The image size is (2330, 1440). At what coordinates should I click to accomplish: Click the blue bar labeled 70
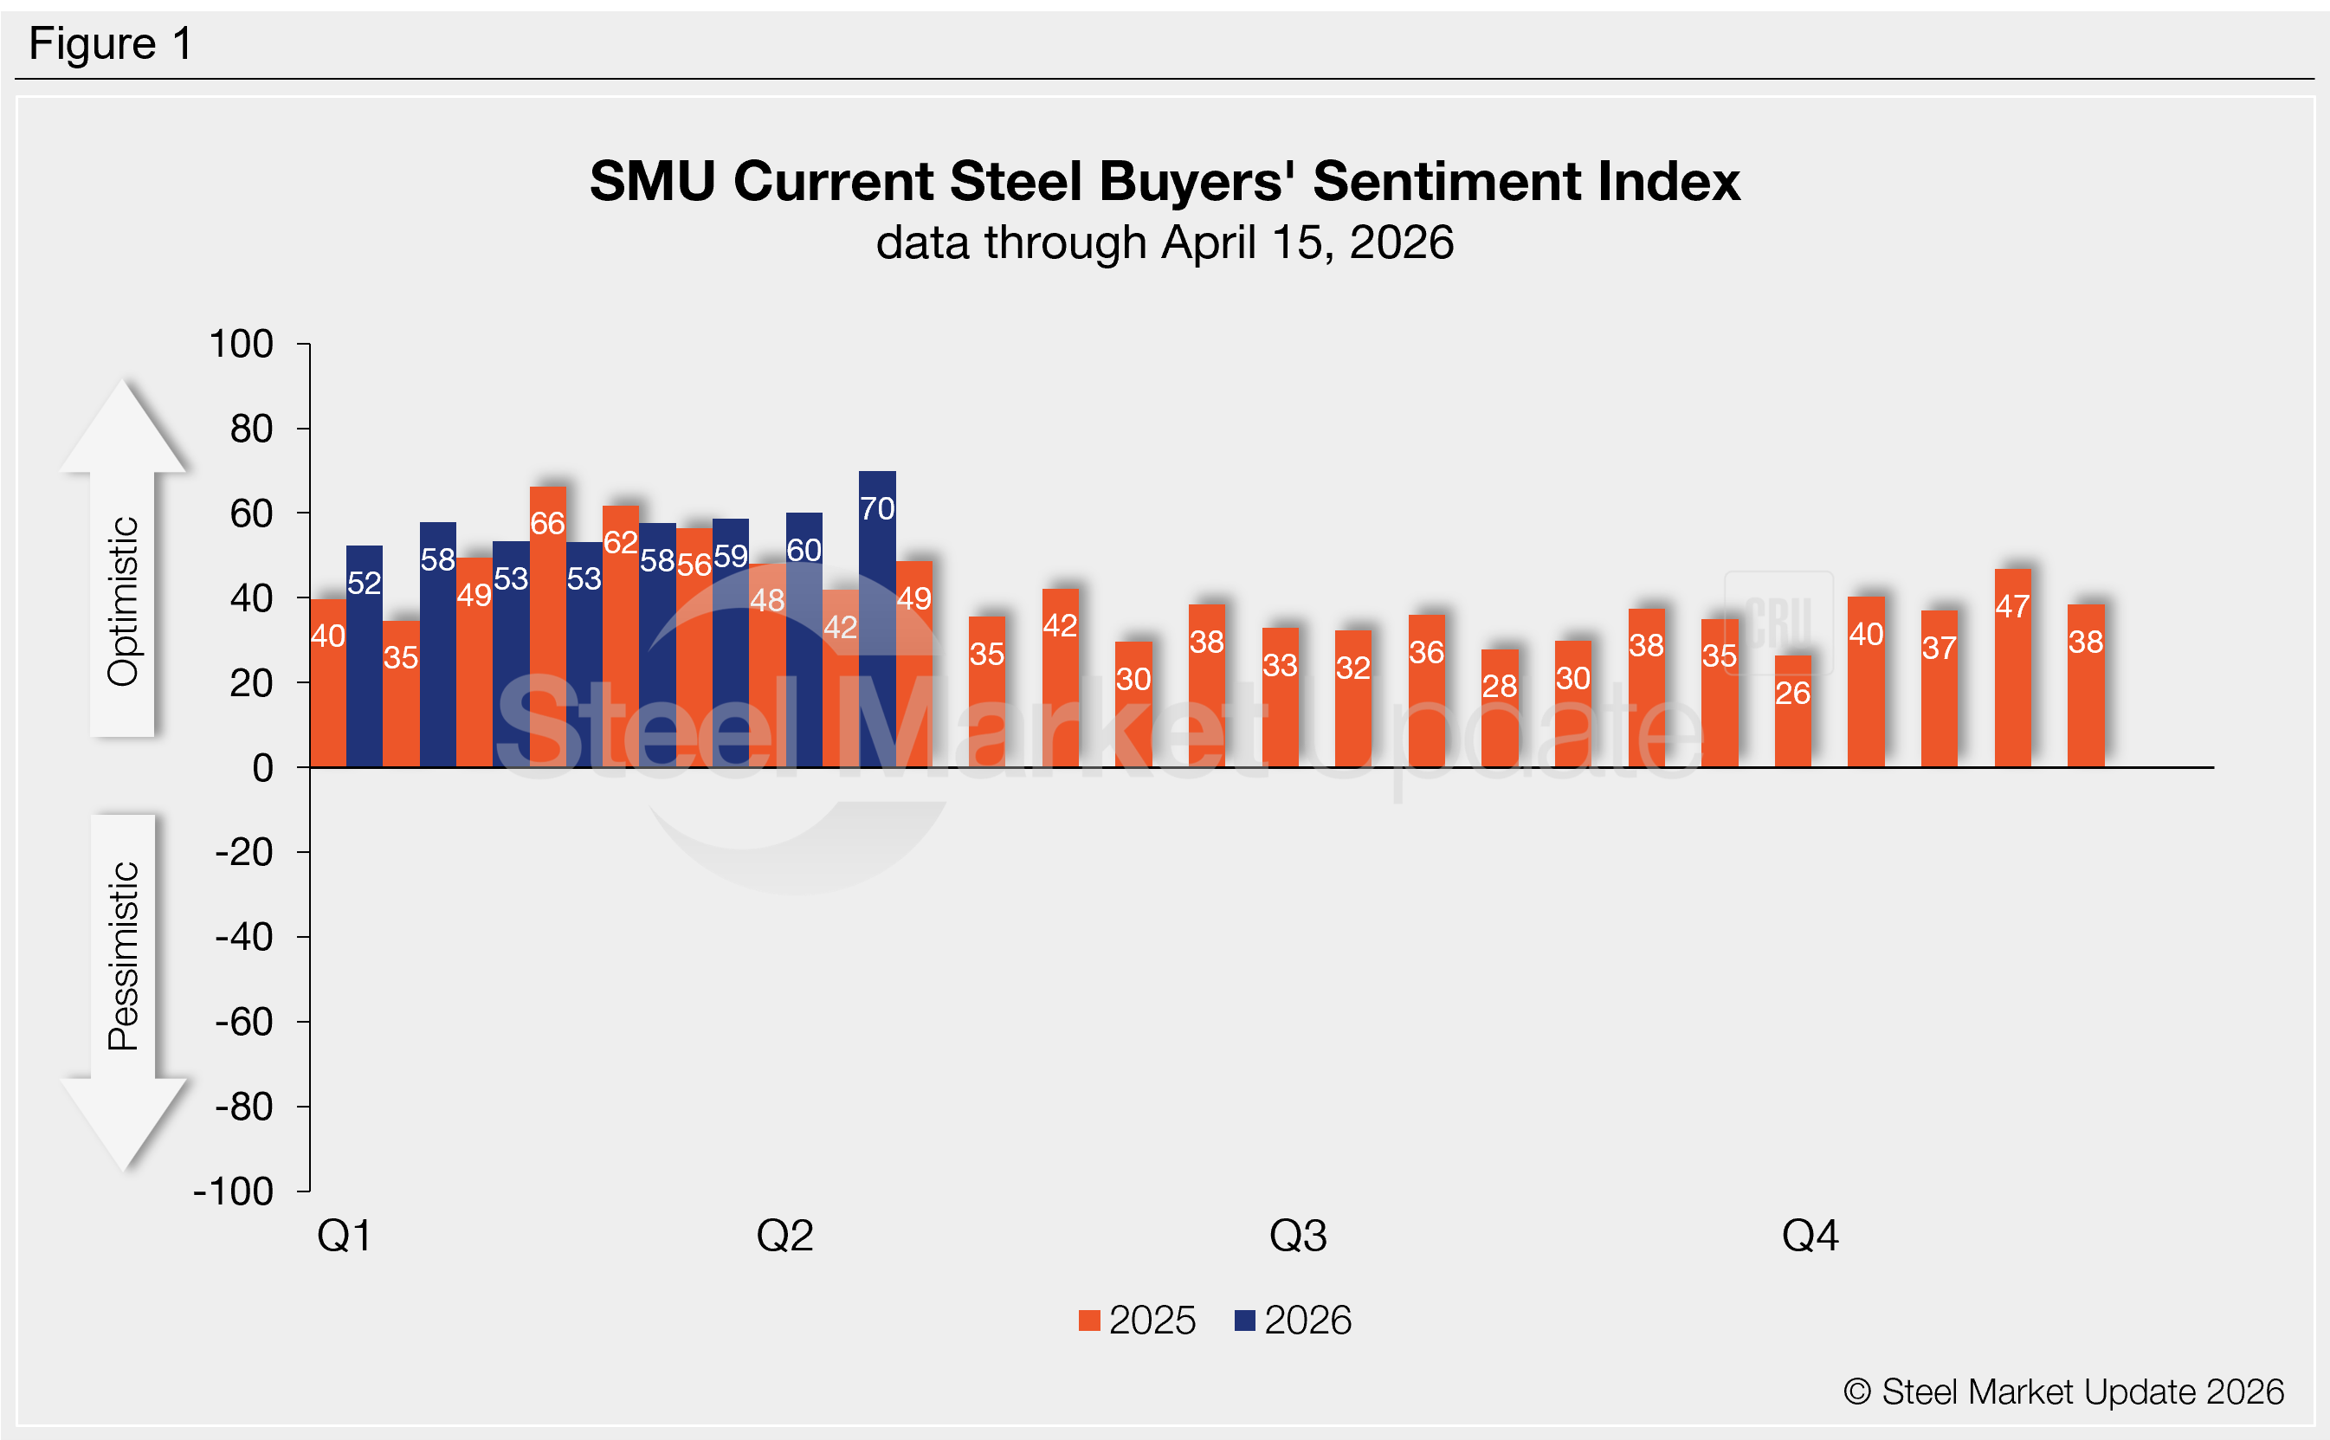877,619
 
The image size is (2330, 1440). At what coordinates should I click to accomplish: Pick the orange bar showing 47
2012,668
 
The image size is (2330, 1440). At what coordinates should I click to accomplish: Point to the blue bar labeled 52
364,656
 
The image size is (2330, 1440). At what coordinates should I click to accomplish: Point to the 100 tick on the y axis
241,344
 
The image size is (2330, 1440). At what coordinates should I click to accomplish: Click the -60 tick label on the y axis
244,1022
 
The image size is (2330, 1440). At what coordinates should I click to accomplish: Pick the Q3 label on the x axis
1298,1236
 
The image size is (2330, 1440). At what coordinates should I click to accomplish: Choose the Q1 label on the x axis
344,1236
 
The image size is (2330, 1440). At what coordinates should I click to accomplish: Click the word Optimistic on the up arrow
123,601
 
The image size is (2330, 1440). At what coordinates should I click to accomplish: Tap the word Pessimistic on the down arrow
123,955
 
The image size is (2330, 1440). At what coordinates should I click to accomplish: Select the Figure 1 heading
111,44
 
